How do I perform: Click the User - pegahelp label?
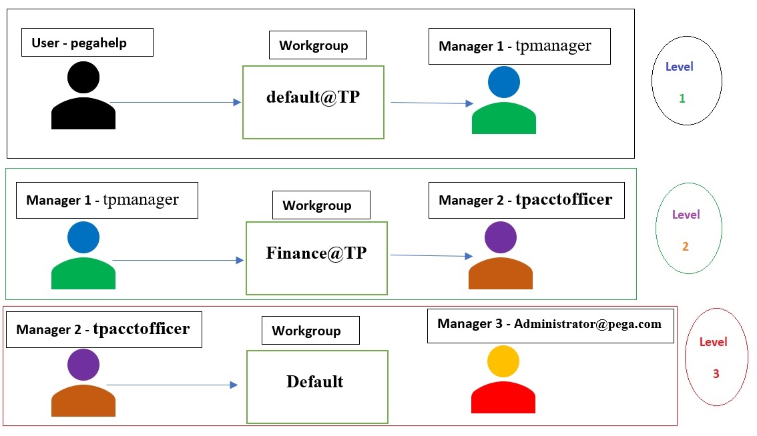point(87,43)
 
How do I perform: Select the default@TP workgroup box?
point(313,102)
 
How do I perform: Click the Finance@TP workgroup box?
point(316,258)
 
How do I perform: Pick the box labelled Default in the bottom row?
point(317,387)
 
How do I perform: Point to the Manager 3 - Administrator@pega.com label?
point(550,325)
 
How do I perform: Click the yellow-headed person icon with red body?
point(503,380)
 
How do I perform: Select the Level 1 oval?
point(686,81)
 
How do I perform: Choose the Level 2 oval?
point(689,228)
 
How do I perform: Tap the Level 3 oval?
point(716,357)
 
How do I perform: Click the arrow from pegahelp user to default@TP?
point(175,102)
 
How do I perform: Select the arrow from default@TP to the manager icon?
point(432,103)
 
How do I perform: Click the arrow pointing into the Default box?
point(172,385)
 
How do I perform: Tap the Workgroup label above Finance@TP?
point(321,205)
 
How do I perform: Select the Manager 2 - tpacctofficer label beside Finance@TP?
point(525,200)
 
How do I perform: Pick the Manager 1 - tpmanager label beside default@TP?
point(519,46)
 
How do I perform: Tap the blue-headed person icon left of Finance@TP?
point(83,256)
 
